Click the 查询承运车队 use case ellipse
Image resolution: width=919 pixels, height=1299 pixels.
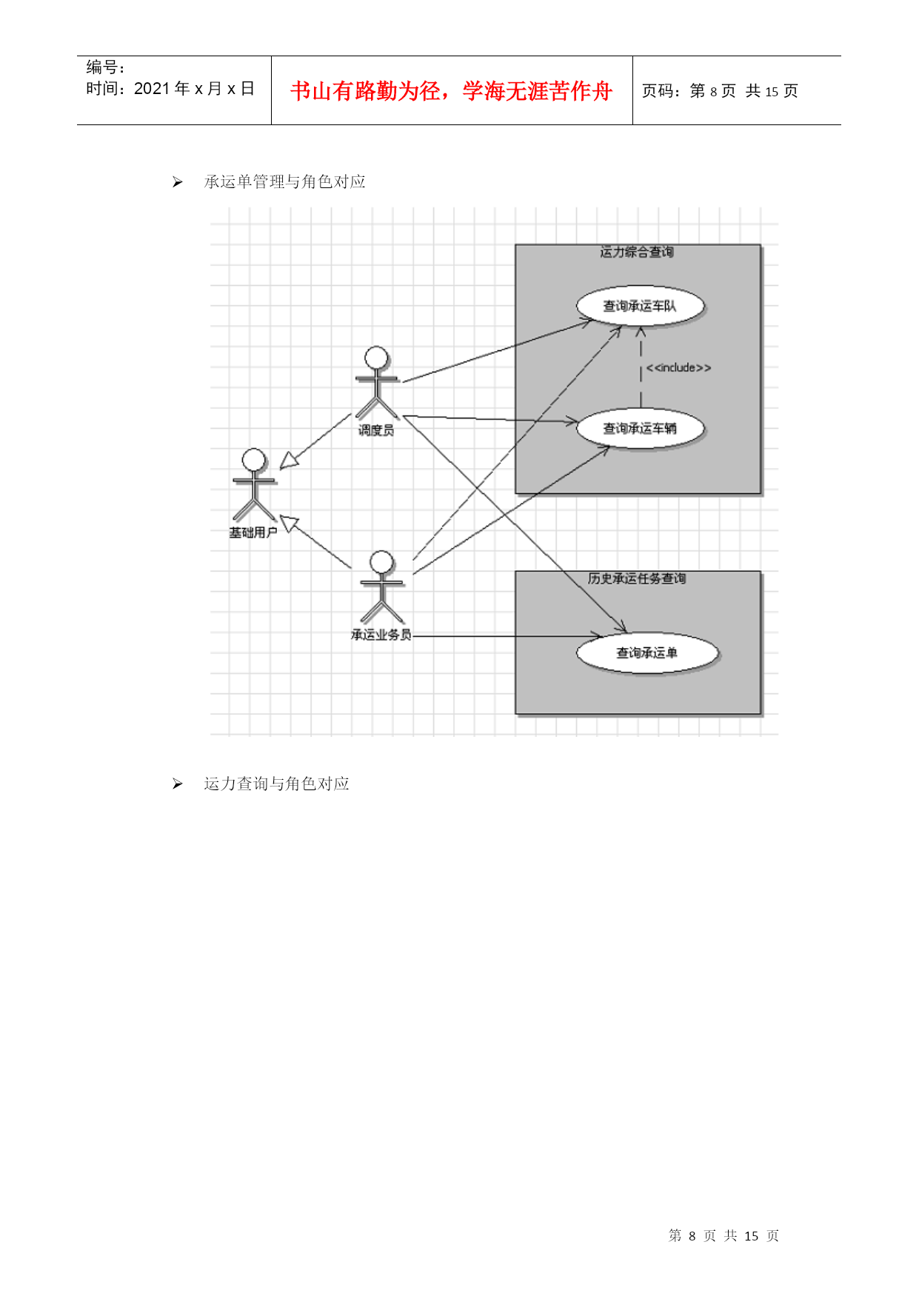640,306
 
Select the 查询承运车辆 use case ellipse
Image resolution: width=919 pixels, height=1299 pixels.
640,428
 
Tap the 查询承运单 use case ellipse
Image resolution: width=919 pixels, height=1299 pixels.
646,652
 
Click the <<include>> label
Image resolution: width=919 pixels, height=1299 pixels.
678,367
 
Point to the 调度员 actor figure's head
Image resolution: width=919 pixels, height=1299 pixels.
376,358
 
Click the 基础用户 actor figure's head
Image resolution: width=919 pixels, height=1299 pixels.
254,460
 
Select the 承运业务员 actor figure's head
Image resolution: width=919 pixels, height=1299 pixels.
381,562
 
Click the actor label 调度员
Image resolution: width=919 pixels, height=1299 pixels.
376,430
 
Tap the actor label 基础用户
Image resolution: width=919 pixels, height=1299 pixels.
253,532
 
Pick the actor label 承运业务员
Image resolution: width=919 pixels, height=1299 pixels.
381,635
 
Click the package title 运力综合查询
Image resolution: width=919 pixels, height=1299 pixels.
637,253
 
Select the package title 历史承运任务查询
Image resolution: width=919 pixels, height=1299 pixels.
637,578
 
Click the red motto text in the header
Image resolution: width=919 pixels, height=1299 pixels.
451,91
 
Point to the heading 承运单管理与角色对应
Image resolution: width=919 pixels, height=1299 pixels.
285,182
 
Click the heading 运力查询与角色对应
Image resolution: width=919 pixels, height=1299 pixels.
277,784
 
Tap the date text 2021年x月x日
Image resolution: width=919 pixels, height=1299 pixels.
194,89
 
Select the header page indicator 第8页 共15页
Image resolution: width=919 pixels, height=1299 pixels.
720,91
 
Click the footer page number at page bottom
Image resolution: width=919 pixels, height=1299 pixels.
723,1235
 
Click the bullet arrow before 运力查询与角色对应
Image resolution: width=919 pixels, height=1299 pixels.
178,784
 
